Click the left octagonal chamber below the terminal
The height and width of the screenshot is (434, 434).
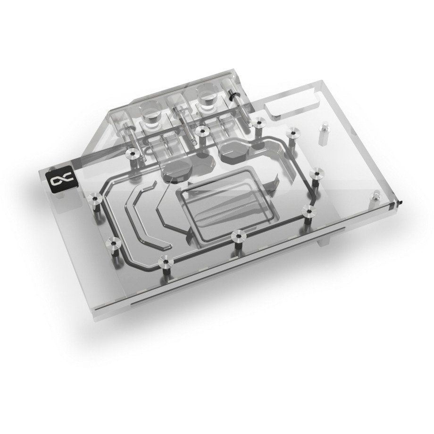[x=174, y=172]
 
